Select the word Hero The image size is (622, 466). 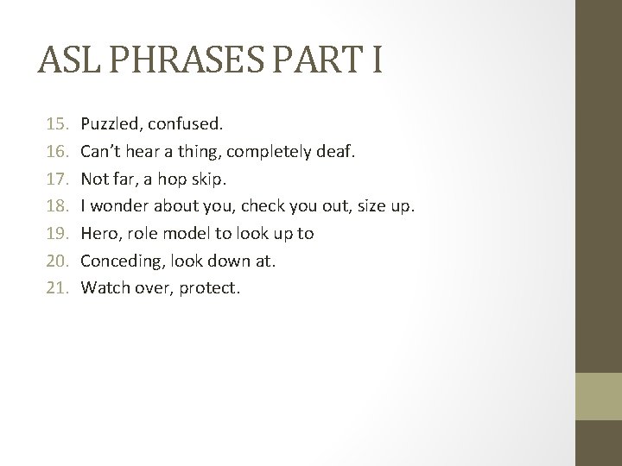tap(98, 234)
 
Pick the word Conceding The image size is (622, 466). tap(118, 259)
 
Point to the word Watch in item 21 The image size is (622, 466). tap(102, 287)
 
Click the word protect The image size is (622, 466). tap(209, 287)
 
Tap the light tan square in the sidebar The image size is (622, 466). tap(599, 396)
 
